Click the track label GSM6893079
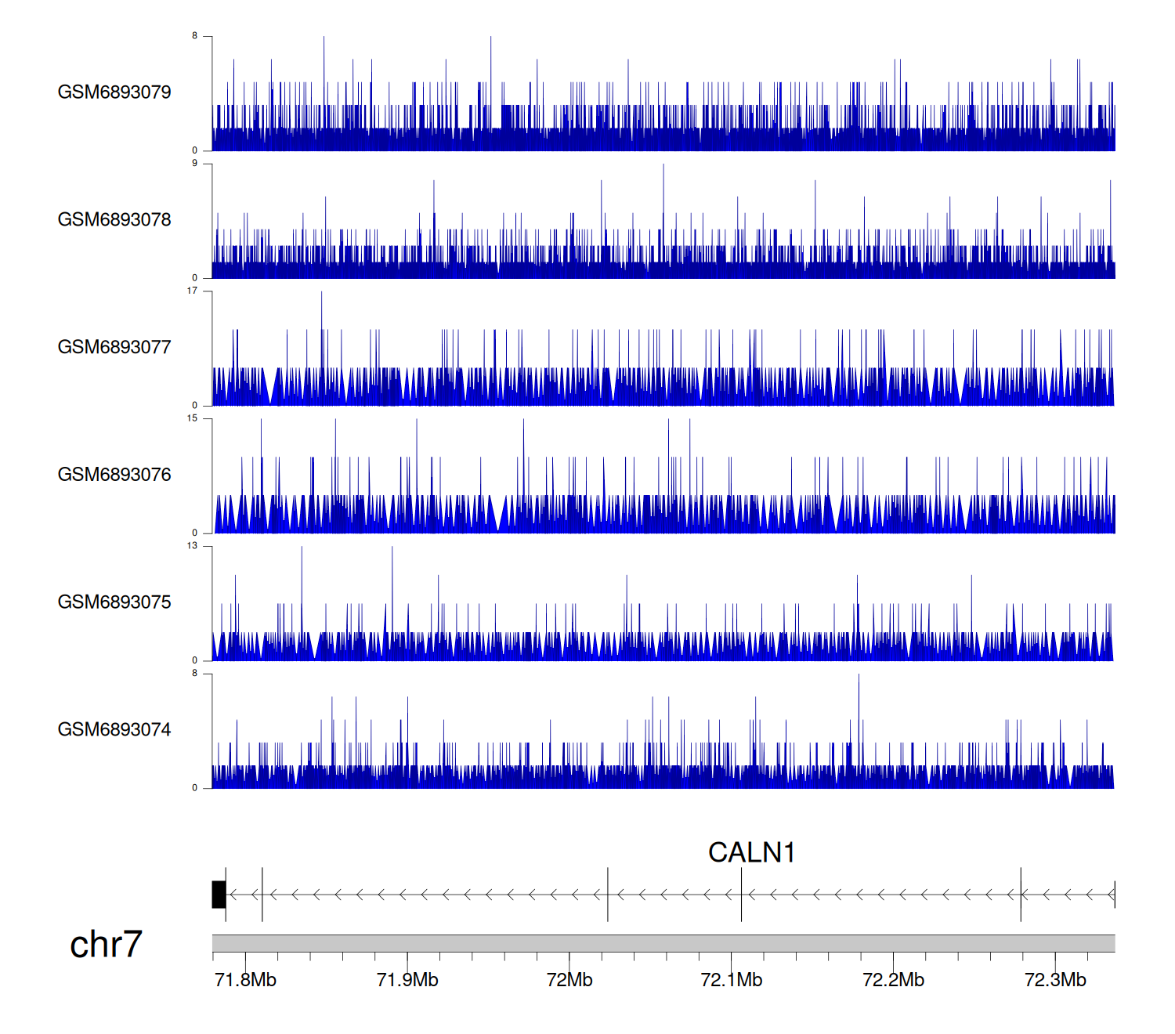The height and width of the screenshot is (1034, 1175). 114,92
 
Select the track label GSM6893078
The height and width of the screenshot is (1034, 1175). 114,219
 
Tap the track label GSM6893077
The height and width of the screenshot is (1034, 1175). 114,347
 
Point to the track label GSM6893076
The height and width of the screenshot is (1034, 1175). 114,475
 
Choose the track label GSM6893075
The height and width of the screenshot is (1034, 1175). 114,602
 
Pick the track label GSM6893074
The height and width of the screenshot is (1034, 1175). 114,729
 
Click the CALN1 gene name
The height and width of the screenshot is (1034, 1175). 751,852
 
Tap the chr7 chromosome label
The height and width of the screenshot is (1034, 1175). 106,944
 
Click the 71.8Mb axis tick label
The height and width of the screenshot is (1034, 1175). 245,980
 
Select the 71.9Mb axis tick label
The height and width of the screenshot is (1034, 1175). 407,980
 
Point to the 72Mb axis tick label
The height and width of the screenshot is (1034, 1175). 569,980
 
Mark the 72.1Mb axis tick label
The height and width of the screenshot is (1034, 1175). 732,980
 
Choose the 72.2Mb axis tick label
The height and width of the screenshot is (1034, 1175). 893,980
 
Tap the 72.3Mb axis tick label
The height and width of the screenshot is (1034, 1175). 1055,980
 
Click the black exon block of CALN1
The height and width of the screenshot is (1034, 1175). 219,895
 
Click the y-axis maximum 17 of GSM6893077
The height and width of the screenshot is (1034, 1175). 192,291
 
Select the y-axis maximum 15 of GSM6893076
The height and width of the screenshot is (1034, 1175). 192,418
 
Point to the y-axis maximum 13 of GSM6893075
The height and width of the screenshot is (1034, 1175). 192,546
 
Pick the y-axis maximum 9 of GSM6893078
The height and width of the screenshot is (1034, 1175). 195,163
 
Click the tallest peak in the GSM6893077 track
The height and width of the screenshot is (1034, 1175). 321,295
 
